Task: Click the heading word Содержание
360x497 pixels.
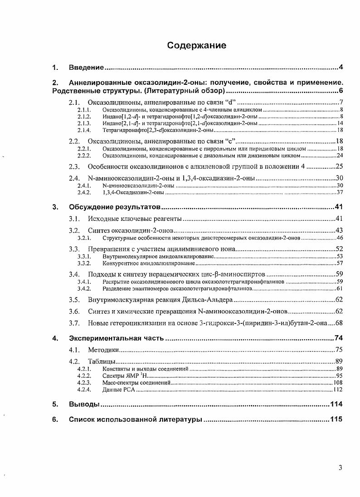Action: click(x=196, y=45)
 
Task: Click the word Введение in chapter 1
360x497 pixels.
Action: click(x=87, y=68)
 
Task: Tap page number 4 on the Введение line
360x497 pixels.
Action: click(x=341, y=68)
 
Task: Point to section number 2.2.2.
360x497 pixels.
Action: click(x=84, y=156)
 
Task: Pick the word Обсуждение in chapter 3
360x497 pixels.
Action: click(x=90, y=207)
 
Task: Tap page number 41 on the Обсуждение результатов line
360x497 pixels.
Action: click(x=338, y=207)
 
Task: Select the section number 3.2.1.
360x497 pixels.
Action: click(x=84, y=238)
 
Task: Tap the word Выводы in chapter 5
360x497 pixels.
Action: click(x=84, y=404)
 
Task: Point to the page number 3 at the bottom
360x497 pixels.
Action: click(x=340, y=468)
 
